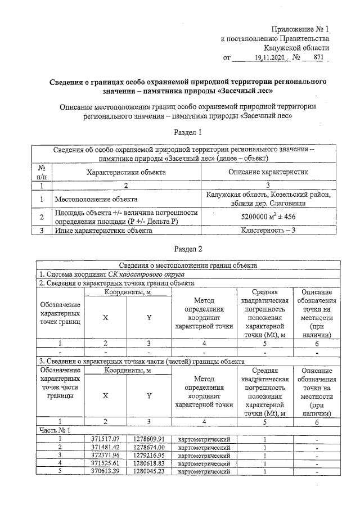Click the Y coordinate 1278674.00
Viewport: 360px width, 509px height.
(x=148, y=447)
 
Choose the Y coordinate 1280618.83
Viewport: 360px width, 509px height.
(x=148, y=463)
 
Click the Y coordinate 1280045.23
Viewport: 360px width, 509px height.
(x=148, y=471)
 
